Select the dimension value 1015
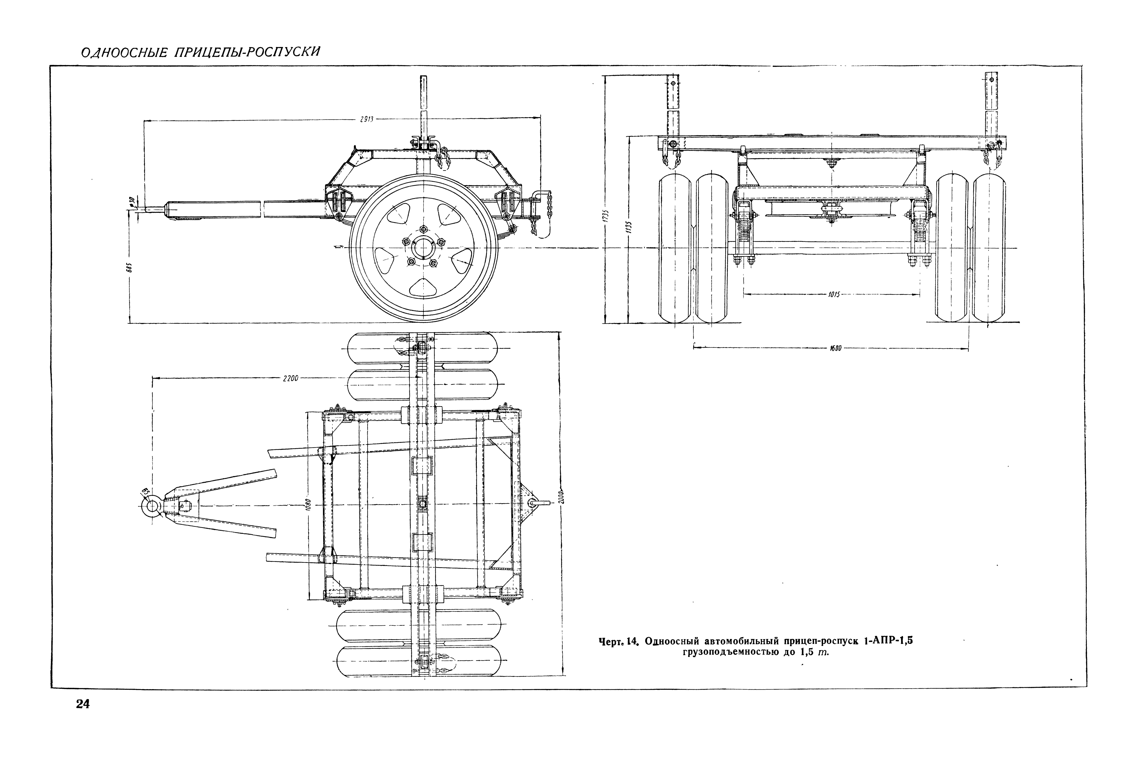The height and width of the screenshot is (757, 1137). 834,294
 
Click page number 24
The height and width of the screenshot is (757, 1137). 83,704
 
